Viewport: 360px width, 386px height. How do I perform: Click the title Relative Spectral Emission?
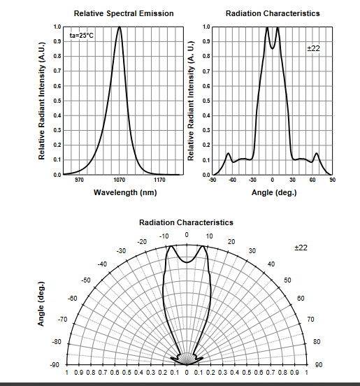pyautogui.click(x=124, y=13)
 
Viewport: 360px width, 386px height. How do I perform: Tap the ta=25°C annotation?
pyautogui.click(x=82, y=36)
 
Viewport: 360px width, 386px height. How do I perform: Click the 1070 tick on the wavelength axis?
pyautogui.click(x=120, y=180)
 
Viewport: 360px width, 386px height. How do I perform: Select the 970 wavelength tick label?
pyautogui.click(x=79, y=180)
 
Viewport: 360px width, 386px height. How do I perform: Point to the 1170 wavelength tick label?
pyautogui.click(x=159, y=180)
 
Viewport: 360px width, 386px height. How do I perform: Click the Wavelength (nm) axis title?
pyautogui.click(x=125, y=192)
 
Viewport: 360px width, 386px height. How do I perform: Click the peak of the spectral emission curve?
pyautogui.click(x=120, y=27)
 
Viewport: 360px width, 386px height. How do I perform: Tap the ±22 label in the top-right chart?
pyautogui.click(x=313, y=48)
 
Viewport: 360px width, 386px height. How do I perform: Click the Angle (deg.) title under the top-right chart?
pyautogui.click(x=274, y=192)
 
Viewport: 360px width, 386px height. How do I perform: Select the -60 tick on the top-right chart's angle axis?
pyautogui.click(x=232, y=180)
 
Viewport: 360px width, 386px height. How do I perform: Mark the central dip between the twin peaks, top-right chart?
pyautogui.click(x=273, y=48)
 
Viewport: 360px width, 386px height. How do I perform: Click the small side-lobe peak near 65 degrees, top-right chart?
pyautogui.click(x=317, y=154)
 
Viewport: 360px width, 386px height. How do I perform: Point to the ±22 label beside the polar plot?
pyautogui.click(x=301, y=248)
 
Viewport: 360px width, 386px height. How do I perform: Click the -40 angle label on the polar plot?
pyautogui.click(x=102, y=264)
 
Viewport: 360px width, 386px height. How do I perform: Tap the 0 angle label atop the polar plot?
pyautogui.click(x=187, y=235)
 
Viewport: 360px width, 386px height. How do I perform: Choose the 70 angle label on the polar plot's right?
pyautogui.click(x=310, y=320)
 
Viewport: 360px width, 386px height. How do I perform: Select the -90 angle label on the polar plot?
pyautogui.click(x=55, y=364)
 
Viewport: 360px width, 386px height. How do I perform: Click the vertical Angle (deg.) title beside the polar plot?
pyautogui.click(x=41, y=303)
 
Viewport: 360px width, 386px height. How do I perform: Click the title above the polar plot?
pyautogui.click(x=186, y=222)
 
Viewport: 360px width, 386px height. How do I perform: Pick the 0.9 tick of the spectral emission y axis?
pyautogui.click(x=57, y=41)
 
